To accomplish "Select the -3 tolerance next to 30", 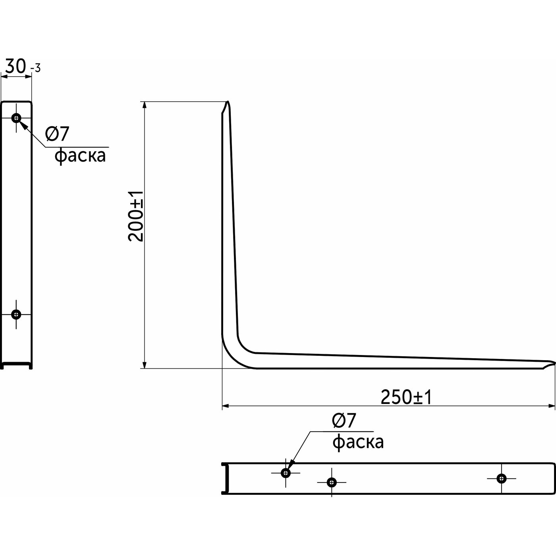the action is pos(35,68).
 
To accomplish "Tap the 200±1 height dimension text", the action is pos(135,216).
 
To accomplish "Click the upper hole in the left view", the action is pos(16,118).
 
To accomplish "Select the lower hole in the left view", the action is pos(16,314).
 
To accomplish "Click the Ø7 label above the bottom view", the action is pos(344,421).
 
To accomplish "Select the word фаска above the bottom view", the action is pos(358,442).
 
